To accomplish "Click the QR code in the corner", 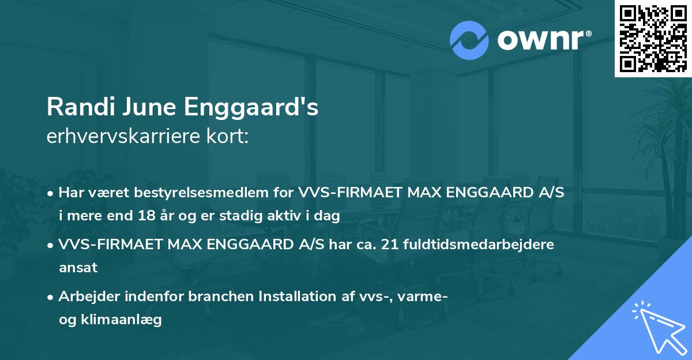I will tap(653, 39).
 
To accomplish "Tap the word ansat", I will tap(78, 268).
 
